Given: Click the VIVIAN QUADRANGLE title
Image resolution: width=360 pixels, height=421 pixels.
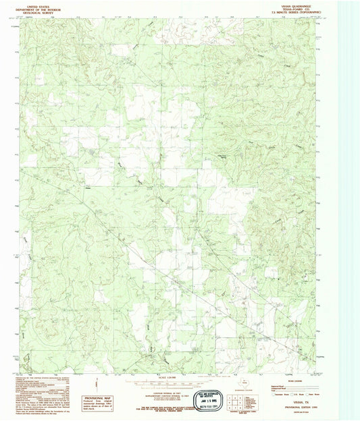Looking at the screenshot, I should coord(292,4).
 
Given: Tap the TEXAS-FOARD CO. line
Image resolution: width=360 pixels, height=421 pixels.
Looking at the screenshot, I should coord(292,7).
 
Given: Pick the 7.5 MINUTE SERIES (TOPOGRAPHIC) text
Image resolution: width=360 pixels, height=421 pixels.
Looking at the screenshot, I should coord(292,11).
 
